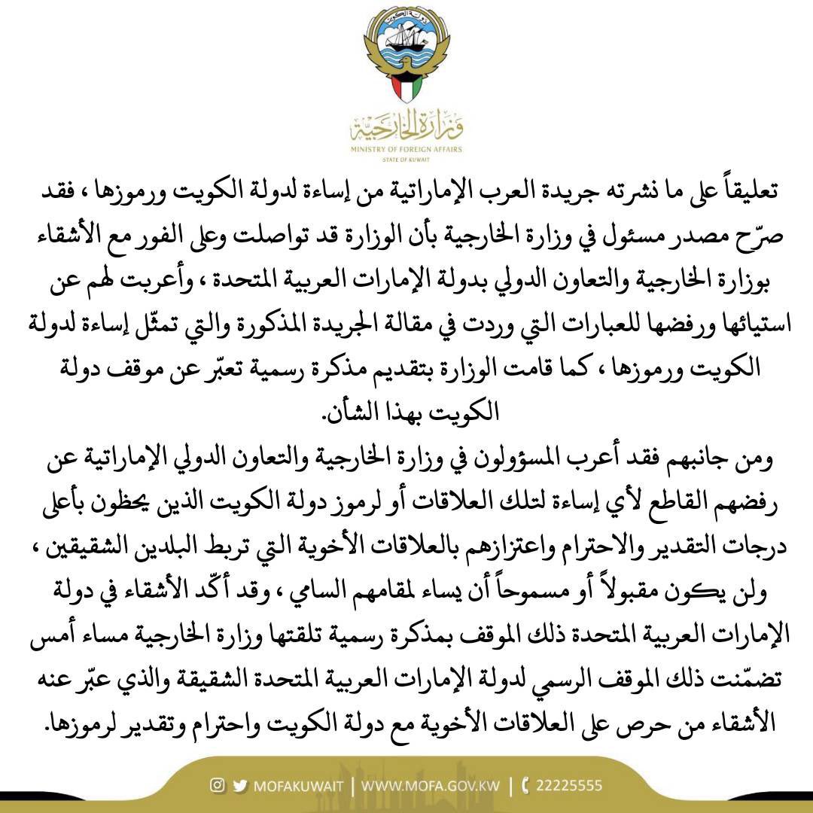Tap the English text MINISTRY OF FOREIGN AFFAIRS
point(406,150)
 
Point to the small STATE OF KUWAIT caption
point(406,160)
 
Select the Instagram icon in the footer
point(218,785)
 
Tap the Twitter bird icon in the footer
point(240,785)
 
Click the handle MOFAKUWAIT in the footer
point(299,786)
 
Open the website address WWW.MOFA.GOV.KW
point(431,786)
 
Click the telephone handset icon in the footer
point(525,786)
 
